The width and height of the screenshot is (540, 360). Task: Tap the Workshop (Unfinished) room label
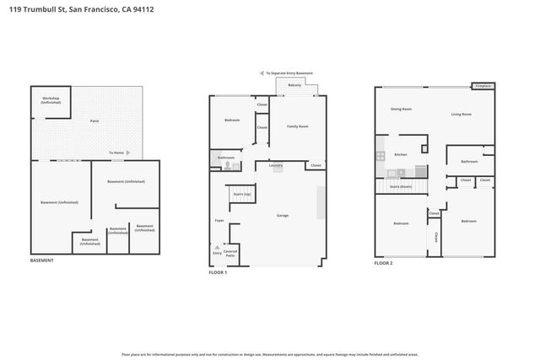click(x=51, y=100)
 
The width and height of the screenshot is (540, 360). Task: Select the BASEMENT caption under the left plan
click(x=41, y=261)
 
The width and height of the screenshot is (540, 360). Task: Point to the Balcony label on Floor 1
click(x=294, y=86)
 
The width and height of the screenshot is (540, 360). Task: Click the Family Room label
click(x=298, y=126)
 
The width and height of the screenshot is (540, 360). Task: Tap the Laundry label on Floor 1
click(x=276, y=165)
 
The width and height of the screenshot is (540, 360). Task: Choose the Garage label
click(x=283, y=216)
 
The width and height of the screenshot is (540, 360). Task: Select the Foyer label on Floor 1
click(x=219, y=221)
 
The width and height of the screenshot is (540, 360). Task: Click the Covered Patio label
click(x=229, y=253)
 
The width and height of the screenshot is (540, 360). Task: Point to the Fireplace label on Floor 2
click(x=483, y=86)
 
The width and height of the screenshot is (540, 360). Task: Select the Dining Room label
click(x=401, y=109)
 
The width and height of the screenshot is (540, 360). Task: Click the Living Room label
click(x=461, y=114)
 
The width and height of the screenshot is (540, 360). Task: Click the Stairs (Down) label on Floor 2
click(x=401, y=185)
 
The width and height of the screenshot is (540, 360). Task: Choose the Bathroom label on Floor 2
click(x=469, y=161)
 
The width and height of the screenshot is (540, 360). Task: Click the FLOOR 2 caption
click(x=384, y=263)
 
